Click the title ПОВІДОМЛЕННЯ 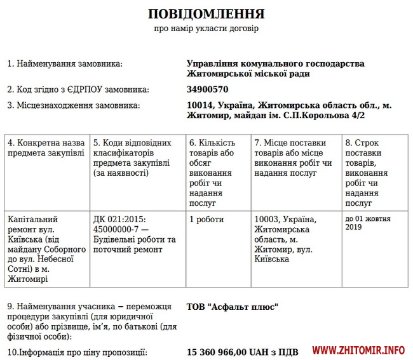[207, 13]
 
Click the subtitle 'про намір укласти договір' [207, 29]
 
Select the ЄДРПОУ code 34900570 [207, 90]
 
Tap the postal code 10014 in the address [200, 105]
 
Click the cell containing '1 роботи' [207, 219]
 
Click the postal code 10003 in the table [267, 219]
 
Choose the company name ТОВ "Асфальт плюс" [233, 307]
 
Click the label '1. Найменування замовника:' [65, 64]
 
